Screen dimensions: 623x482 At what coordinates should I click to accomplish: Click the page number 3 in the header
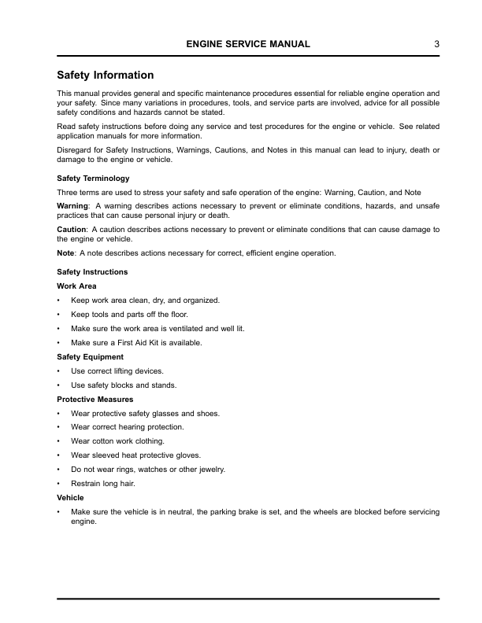pos(436,45)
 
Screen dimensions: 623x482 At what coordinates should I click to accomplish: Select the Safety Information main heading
pos(106,76)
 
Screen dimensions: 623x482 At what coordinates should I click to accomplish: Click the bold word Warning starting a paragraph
pos(73,205)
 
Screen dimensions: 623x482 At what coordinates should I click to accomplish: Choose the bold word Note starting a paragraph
pos(66,253)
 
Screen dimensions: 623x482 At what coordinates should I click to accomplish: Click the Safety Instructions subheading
pos(92,272)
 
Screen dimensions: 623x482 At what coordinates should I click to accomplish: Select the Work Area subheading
pos(77,286)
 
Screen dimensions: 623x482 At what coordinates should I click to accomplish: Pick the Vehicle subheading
pos(71,498)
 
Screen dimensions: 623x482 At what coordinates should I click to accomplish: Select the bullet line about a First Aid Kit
pos(136,342)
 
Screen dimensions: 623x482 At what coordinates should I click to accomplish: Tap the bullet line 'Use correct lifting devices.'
pos(117,370)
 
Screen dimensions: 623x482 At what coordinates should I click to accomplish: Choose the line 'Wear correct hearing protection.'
pos(127,427)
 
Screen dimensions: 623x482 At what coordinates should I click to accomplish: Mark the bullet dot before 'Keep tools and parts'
pos(59,314)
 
